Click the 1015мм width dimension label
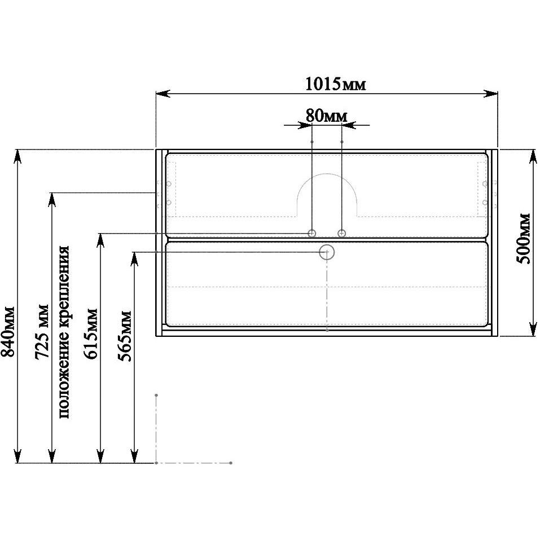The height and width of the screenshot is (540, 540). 335,84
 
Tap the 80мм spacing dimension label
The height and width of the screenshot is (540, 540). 327,116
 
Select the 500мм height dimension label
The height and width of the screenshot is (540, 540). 524,238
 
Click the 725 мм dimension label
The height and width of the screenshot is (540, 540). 42,332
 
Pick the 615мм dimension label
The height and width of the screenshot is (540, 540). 91,334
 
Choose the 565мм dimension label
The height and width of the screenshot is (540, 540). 125,336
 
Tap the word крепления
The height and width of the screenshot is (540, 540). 64,286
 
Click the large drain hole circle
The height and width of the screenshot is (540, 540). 327,252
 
